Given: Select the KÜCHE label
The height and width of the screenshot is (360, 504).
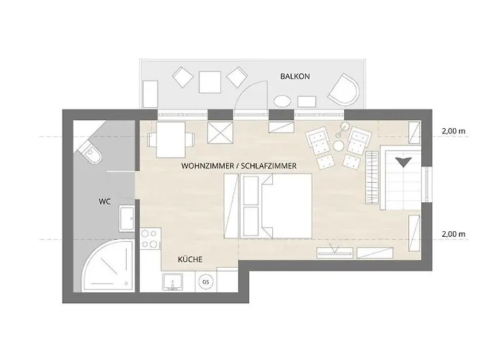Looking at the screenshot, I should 190,258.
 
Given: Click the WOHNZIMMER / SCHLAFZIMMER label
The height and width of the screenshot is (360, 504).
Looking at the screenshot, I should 240,166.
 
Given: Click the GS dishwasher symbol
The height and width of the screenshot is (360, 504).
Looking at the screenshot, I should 207,281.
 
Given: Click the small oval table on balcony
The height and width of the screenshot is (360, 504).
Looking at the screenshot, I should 283,100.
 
